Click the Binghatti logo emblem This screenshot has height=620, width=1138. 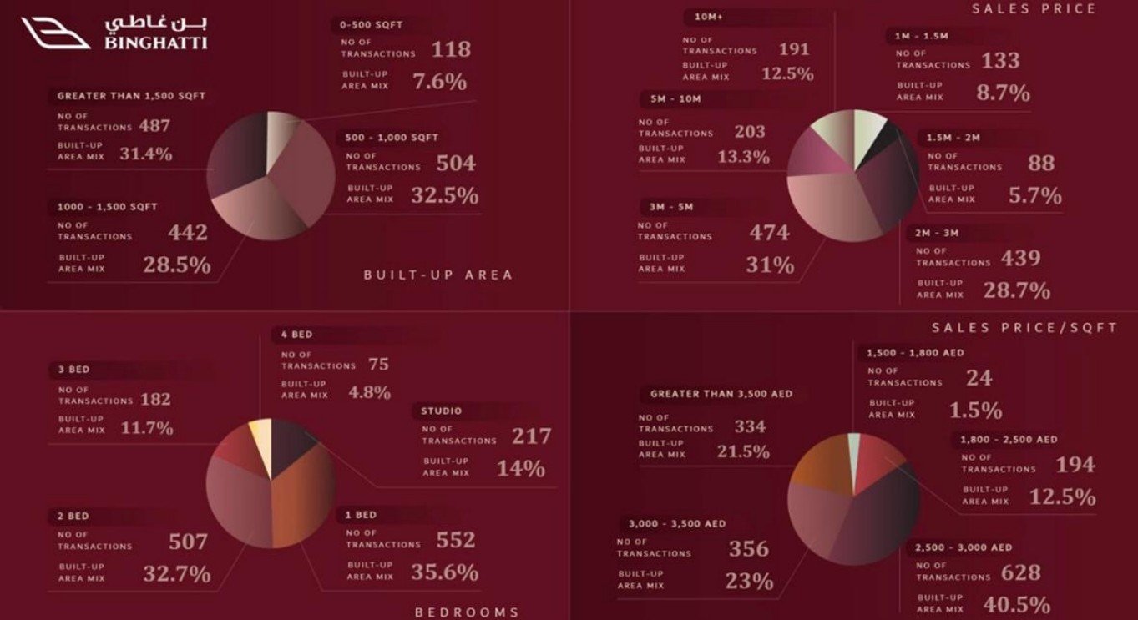pos(56,33)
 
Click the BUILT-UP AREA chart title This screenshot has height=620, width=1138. pos(438,275)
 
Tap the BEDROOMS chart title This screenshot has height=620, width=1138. pos(467,612)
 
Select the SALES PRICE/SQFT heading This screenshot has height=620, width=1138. pos(1024,328)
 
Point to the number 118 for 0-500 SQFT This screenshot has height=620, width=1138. pos(451,49)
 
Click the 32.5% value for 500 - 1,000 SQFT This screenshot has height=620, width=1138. pos(444,195)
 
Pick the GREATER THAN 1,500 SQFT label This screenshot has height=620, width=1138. pos(131,96)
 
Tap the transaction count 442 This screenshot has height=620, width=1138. pos(187,233)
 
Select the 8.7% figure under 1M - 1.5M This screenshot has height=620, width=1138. pos(1003,93)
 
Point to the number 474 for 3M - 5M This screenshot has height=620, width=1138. pos(769,232)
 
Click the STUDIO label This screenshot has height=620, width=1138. pos(442,411)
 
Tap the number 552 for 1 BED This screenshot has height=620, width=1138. pos(455,540)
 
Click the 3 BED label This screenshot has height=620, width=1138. pos(73,368)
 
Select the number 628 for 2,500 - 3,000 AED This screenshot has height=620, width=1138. pos(1019,572)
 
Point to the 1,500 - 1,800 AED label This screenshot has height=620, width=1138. pos(915,353)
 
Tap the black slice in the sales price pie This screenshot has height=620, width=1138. pos(888,134)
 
